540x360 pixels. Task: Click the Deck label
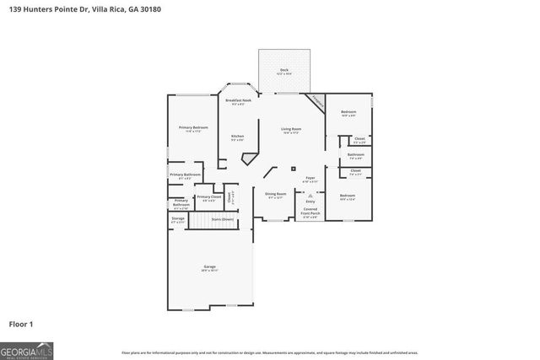coord(283,70)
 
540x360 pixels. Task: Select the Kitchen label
coord(237,137)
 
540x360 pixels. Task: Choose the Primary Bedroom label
coord(193,128)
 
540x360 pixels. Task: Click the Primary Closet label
coord(208,197)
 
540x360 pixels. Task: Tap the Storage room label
coord(177,219)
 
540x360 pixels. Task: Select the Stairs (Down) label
coord(222,219)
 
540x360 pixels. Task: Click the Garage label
coord(210,268)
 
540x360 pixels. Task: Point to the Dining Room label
coord(276,195)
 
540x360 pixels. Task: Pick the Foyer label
coord(310,179)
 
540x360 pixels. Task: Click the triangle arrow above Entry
coord(310,195)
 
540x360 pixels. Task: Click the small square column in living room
coord(293,169)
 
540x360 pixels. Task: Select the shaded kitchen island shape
coord(249,159)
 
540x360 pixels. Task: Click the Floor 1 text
coord(21,323)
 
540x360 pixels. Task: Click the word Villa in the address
coord(88,10)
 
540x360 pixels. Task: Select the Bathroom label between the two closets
coord(355,155)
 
